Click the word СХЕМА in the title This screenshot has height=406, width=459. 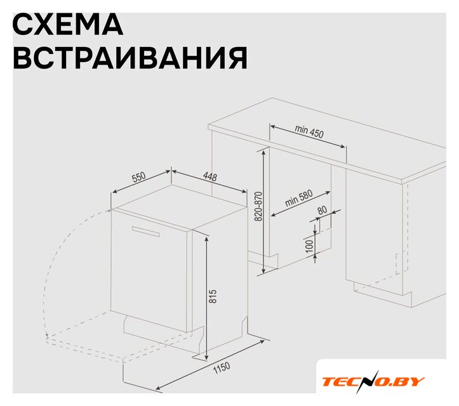pyautogui.click(x=68, y=24)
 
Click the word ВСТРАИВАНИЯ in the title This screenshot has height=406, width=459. pyautogui.click(x=130, y=57)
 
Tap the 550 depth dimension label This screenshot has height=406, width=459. pyautogui.click(x=138, y=177)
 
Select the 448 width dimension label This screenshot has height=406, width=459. pyautogui.click(x=210, y=177)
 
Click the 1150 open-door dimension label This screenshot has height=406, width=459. pyautogui.click(x=222, y=368)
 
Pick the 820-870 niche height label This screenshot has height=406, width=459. pyautogui.click(x=259, y=207)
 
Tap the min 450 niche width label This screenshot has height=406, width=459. pyautogui.click(x=309, y=131)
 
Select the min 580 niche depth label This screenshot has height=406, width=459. pyautogui.click(x=299, y=198)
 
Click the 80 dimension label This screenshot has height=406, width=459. pyautogui.click(x=322, y=210)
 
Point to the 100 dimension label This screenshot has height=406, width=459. pyautogui.click(x=309, y=247)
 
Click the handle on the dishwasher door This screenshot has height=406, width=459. pyautogui.click(x=146, y=232)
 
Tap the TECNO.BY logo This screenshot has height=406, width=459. pyautogui.click(x=373, y=381)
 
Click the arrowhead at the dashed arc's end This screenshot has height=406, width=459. pyautogui.click(x=47, y=334)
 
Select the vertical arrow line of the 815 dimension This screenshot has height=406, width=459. pyautogui.click(x=207, y=298)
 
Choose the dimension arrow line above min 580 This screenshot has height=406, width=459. pyautogui.click(x=300, y=204)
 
